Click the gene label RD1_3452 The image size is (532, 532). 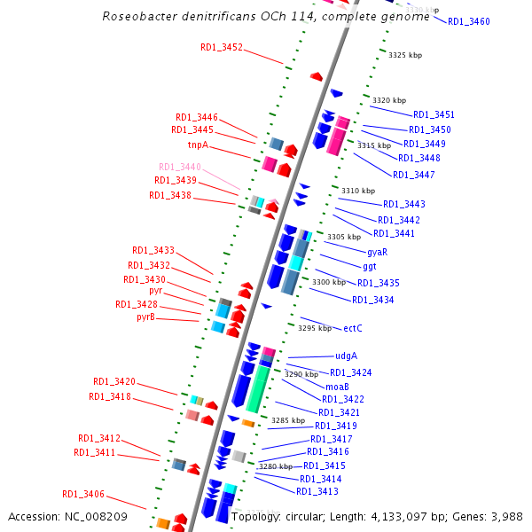(222, 48)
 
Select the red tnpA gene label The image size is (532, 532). (198, 145)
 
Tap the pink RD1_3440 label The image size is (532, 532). (180, 167)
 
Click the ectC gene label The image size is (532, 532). (353, 328)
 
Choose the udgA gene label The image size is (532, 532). (333, 356)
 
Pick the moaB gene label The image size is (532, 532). (337, 387)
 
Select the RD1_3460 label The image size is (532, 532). (468, 21)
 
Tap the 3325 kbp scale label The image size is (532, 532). (405, 55)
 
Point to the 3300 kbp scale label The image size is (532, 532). (329, 282)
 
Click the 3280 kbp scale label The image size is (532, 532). (276, 466)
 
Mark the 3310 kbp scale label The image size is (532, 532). (358, 191)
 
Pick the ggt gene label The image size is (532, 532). (370, 266)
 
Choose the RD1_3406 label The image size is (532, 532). (83, 494)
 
